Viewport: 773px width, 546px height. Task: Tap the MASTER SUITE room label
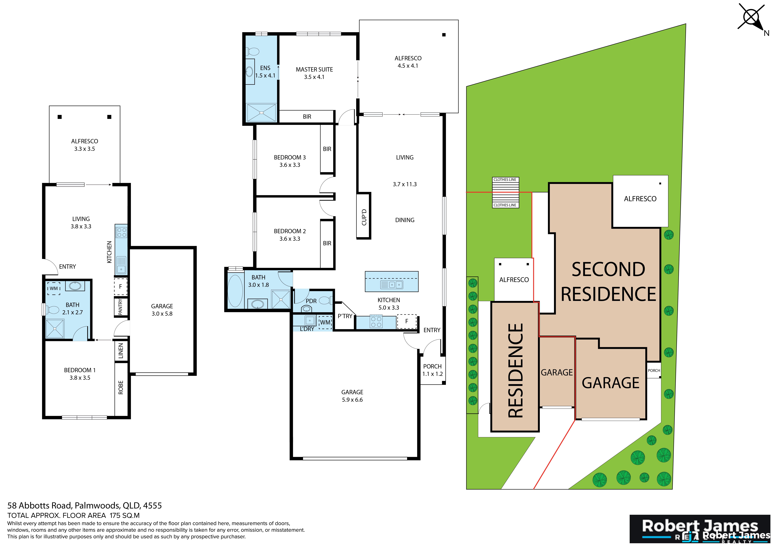click(x=314, y=70)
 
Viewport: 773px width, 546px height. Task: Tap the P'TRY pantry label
click(x=345, y=316)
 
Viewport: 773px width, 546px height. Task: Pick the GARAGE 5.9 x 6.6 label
click(x=352, y=396)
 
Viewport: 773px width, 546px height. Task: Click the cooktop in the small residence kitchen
click(x=121, y=232)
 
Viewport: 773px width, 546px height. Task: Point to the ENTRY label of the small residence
click(x=67, y=266)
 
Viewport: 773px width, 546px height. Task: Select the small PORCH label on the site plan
click(x=654, y=370)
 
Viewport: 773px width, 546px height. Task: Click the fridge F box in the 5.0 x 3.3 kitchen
click(x=407, y=321)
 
